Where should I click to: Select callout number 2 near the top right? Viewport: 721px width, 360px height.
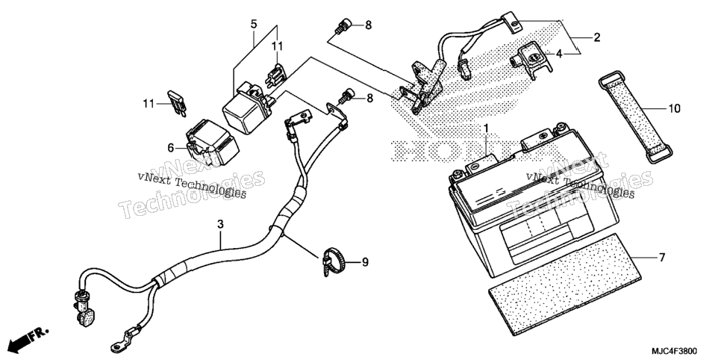click(597, 38)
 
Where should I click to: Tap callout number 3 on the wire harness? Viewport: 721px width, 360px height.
click(221, 224)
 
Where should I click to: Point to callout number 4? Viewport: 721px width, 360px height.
click(559, 54)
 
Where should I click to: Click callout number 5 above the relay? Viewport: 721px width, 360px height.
click(254, 24)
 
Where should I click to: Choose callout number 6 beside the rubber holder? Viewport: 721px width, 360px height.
click(171, 148)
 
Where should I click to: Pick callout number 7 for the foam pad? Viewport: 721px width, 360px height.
click(662, 258)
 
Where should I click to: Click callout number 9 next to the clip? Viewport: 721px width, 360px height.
click(365, 262)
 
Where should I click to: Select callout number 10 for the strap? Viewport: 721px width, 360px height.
click(675, 109)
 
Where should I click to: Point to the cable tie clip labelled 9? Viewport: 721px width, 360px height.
click(334, 261)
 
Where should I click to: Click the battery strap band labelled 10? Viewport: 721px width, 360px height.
click(635, 117)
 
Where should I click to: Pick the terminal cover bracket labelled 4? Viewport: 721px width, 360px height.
click(531, 60)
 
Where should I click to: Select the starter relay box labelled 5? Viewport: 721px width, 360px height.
click(246, 108)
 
